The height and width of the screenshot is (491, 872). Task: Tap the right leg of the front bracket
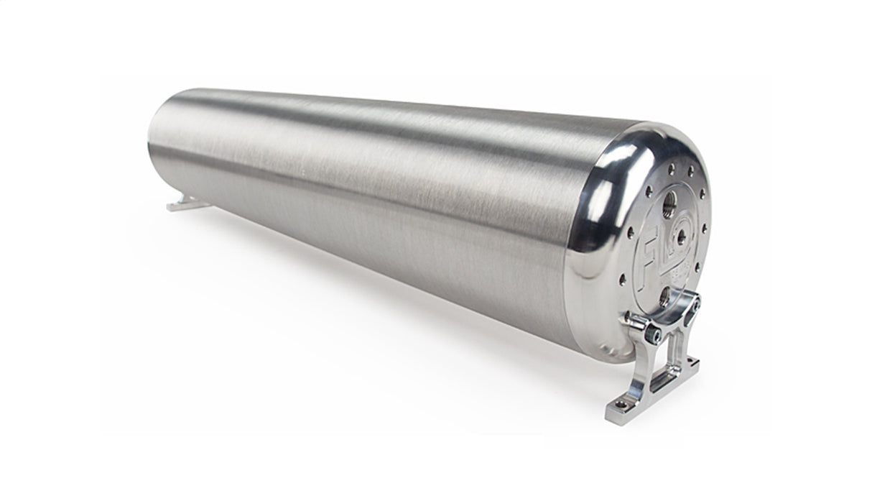(x=677, y=352)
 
